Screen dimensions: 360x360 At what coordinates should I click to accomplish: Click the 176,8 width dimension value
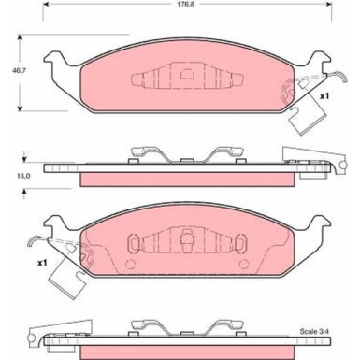coord(185,5)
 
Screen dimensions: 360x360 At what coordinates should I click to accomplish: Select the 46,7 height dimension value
coord(19,71)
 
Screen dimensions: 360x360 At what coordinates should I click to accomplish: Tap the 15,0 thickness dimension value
coord(23,176)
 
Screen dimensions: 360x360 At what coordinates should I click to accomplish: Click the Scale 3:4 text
coord(314,331)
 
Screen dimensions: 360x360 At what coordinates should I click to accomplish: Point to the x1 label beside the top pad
coord(324,96)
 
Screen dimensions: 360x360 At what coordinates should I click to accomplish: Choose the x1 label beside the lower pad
coord(42,263)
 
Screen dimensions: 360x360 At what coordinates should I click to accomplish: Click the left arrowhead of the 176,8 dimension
coord(46,5)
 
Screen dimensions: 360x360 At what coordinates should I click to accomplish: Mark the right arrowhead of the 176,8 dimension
coord(328,5)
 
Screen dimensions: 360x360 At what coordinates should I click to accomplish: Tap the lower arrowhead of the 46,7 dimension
coord(20,108)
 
